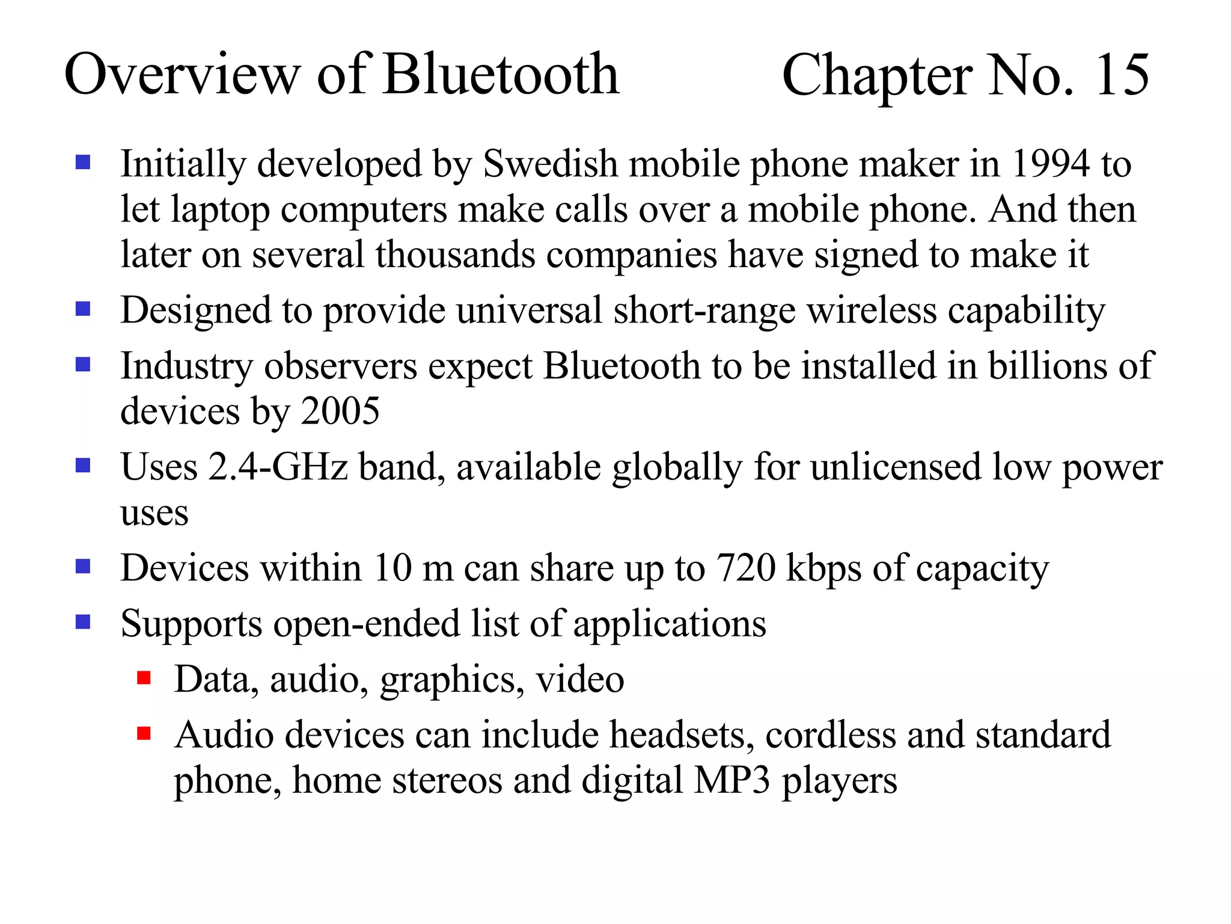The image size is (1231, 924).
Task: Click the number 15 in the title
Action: pyautogui.click(x=1122, y=75)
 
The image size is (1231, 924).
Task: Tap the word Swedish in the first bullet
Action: pyautogui.click(x=550, y=164)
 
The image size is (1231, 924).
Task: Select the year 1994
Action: pyautogui.click(x=1050, y=164)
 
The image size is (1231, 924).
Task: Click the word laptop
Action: pyautogui.click(x=219, y=211)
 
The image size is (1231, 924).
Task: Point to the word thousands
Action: pyautogui.click(x=455, y=255)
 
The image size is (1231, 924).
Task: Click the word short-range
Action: pyautogui.click(x=704, y=311)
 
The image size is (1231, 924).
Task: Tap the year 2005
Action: pyautogui.click(x=340, y=411)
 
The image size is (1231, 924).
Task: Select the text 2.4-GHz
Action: pyautogui.click(x=278, y=467)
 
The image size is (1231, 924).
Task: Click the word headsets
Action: pyautogui.click(x=682, y=735)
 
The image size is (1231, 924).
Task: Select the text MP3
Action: pyautogui.click(x=732, y=781)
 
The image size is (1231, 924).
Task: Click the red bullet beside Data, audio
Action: pyautogui.click(x=144, y=679)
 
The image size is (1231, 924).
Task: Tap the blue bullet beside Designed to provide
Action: pyautogui.click(x=83, y=309)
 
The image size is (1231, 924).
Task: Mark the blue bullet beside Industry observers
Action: pyautogui.click(x=83, y=365)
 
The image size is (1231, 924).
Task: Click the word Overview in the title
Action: pyautogui.click(x=182, y=75)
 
